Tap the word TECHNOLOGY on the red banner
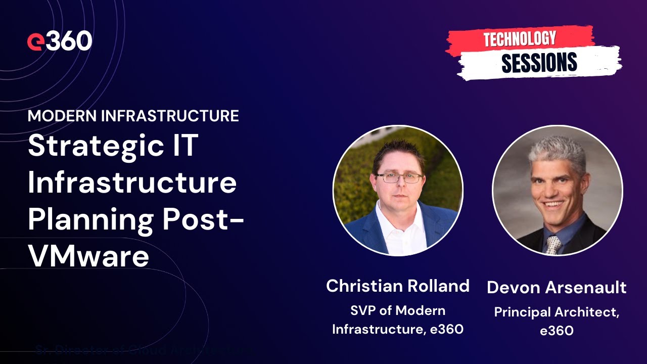pyautogui.click(x=520, y=39)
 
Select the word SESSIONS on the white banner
pyautogui.click(x=539, y=63)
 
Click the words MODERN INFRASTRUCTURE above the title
pyautogui.click(x=133, y=116)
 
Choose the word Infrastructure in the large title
pyautogui.click(x=132, y=183)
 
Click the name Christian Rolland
pyautogui.click(x=398, y=286)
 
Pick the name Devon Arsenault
pyautogui.click(x=557, y=288)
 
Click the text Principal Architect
pyautogui.click(x=556, y=312)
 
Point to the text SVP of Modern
pyautogui.click(x=398, y=310)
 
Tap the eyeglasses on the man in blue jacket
pyautogui.click(x=399, y=178)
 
